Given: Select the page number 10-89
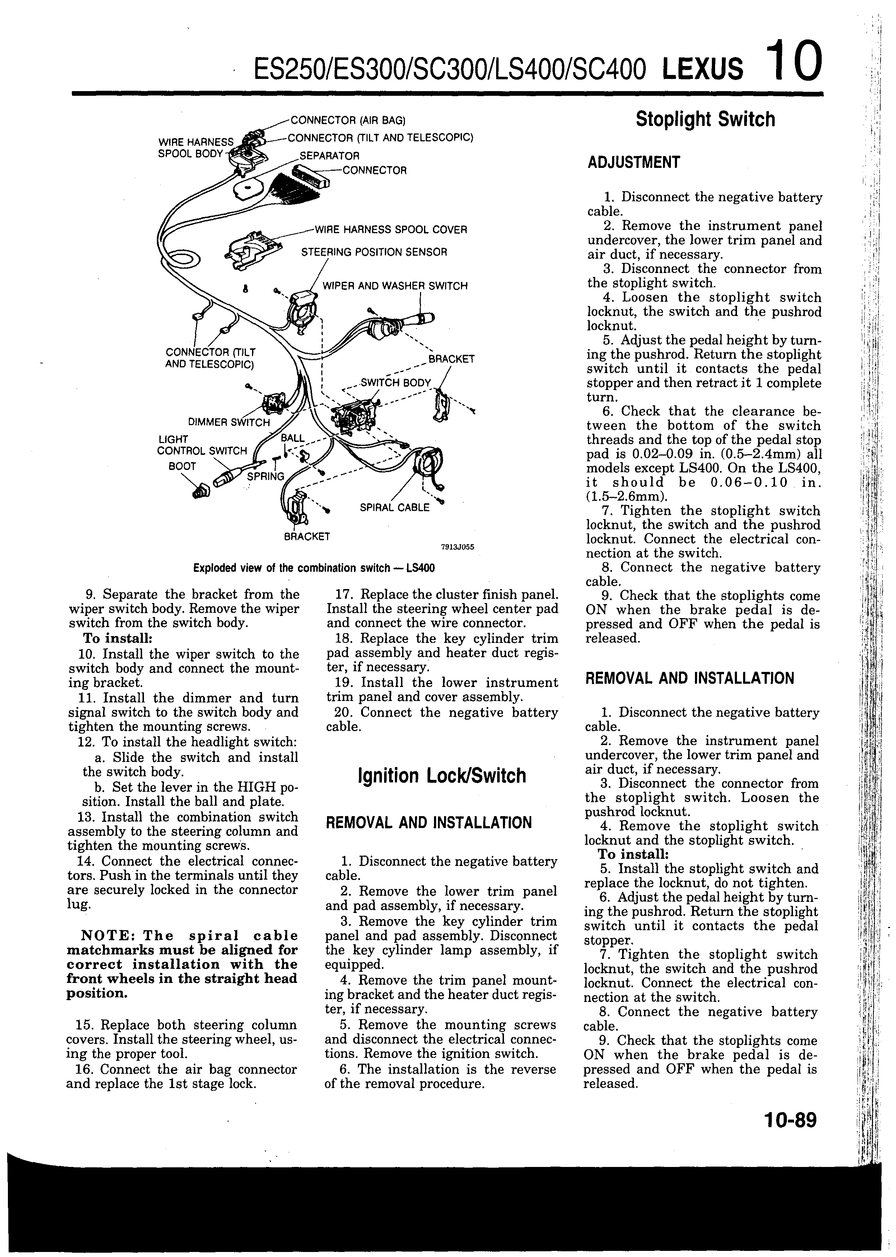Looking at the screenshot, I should [x=790, y=1120].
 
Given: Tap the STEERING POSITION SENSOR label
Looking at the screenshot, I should [x=374, y=253].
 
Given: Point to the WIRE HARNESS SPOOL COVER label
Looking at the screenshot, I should [x=390, y=229].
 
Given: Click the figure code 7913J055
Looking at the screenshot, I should [x=457, y=547].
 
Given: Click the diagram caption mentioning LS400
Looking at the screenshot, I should [x=314, y=568].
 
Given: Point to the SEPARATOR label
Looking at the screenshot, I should [x=330, y=156].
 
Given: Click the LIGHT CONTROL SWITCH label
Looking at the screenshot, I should [x=202, y=445].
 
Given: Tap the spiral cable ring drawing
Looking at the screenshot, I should [x=431, y=463].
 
